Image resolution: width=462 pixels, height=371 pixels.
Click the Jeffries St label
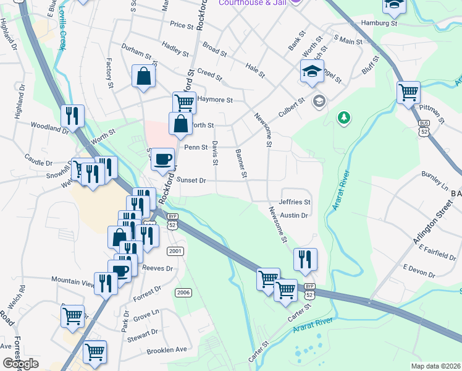coord(295,202)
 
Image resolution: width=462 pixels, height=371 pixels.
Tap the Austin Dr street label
coord(293,215)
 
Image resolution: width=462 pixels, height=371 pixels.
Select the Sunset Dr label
coord(191,180)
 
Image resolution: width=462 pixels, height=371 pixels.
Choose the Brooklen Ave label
coord(166,350)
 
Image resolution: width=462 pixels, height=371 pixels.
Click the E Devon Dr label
coord(419,268)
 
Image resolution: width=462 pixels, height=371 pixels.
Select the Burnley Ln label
coord(435,176)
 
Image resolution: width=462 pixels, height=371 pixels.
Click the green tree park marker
coord(342,117)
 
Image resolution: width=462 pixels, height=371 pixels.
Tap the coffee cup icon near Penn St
coord(162,159)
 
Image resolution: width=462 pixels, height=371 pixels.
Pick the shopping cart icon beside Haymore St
coord(183,101)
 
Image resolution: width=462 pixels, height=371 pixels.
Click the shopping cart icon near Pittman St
coord(408,92)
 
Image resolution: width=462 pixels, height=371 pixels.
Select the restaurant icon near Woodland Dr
coord(72,116)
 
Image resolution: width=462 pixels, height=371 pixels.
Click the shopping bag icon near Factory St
coord(143,77)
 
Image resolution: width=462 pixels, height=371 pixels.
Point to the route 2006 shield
coord(183,292)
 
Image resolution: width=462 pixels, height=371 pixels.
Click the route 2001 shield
coord(175,250)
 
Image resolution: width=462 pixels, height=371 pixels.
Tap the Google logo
coord(20,364)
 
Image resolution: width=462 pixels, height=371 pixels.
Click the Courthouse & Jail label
coord(253,3)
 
